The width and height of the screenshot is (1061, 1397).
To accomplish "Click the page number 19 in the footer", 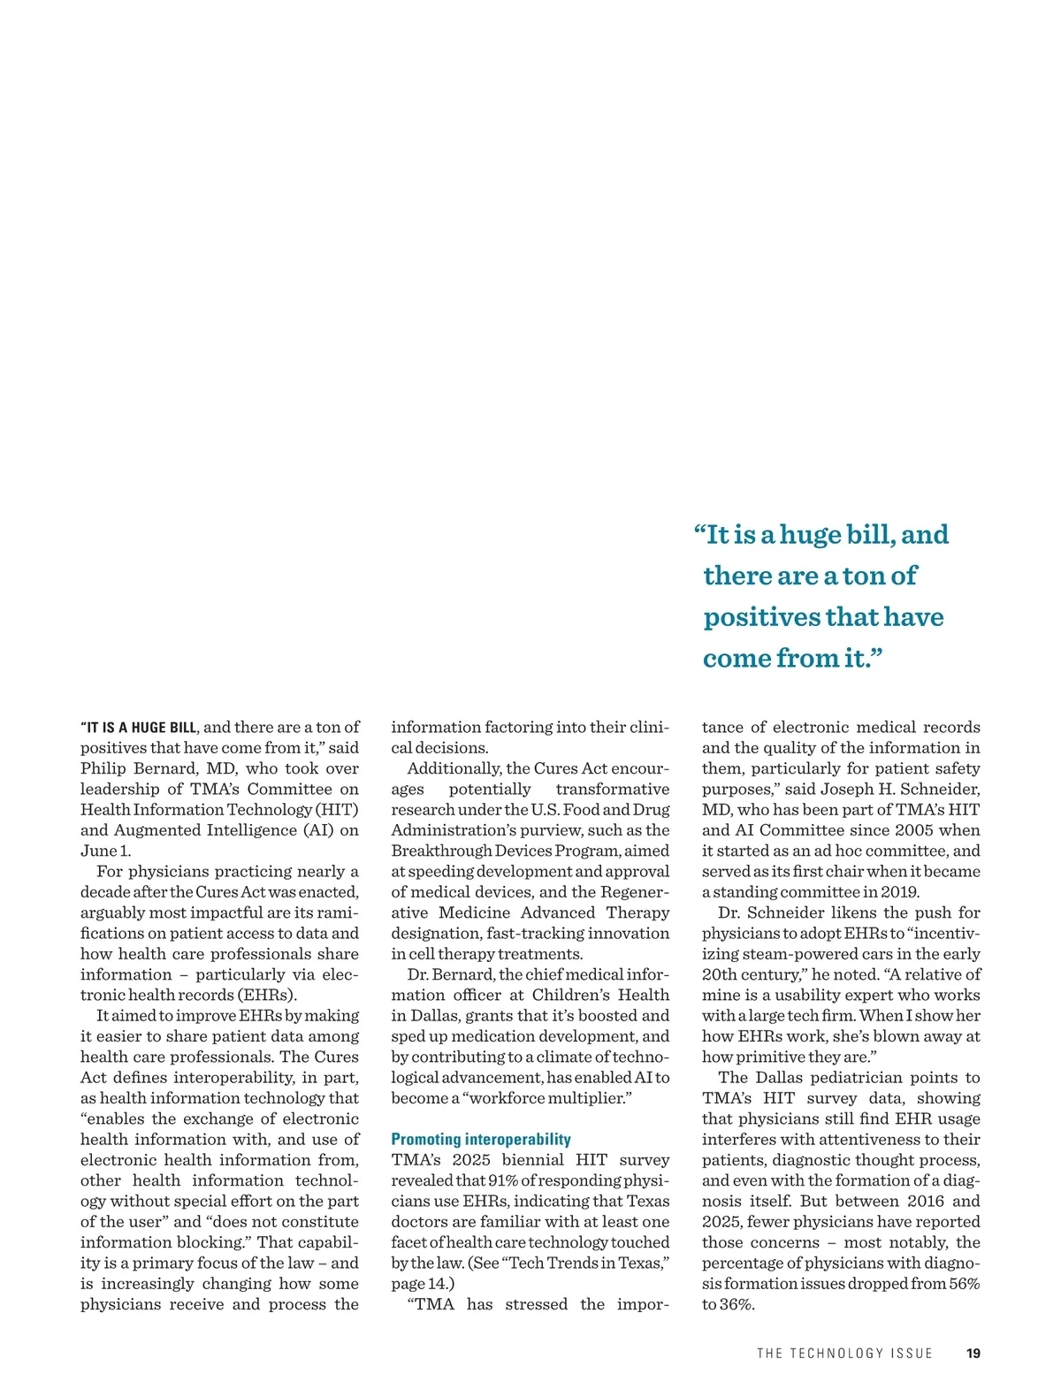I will (973, 1354).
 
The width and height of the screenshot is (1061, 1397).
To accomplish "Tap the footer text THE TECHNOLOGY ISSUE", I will (844, 1354).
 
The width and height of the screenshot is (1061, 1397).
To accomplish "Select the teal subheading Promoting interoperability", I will (481, 1140).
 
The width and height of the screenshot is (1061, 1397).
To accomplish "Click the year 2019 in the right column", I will (899, 892).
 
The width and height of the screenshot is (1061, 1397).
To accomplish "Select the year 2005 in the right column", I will (913, 830).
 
